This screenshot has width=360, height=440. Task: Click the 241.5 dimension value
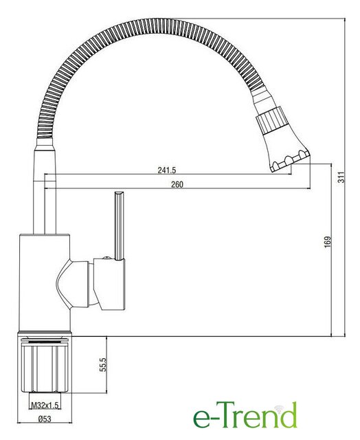click(x=166, y=170)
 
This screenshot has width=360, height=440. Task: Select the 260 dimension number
click(x=177, y=184)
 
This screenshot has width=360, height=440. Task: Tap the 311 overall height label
click(x=341, y=177)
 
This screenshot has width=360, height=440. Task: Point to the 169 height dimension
click(x=328, y=242)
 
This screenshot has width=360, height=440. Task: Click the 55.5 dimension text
click(x=103, y=364)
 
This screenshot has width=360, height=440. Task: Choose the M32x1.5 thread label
click(x=45, y=405)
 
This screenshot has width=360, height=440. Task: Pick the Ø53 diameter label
click(x=45, y=419)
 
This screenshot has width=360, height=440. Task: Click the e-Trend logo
click(x=245, y=415)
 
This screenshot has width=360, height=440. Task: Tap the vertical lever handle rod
click(x=119, y=225)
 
